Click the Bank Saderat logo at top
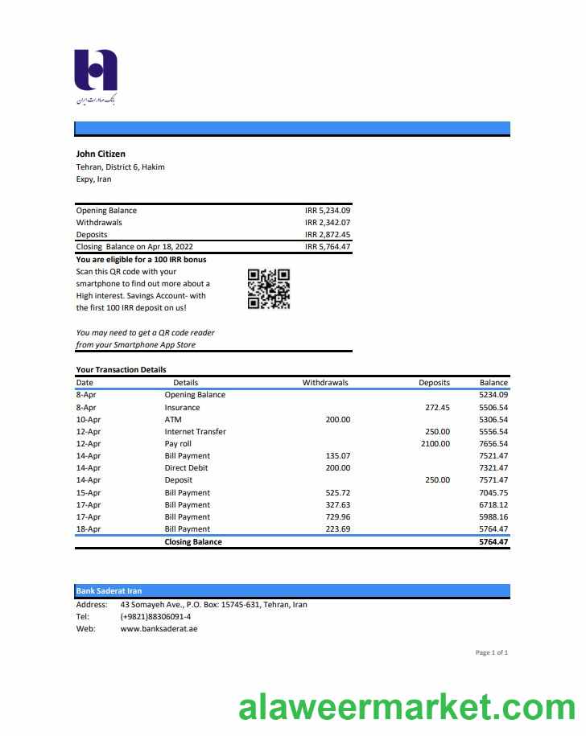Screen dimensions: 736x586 96,74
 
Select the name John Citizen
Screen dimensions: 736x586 101,154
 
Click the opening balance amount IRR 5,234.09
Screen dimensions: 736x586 328,211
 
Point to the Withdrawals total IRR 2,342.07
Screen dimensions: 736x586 328,223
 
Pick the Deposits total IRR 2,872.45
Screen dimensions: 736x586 328,235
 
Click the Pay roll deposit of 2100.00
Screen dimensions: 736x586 435,444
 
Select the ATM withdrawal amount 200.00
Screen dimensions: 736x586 338,419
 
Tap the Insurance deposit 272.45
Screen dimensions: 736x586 437,407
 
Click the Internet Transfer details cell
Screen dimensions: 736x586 195,432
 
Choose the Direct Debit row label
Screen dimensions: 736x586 186,468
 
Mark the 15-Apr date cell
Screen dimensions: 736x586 88,492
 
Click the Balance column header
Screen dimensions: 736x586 493,383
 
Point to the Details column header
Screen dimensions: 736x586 185,383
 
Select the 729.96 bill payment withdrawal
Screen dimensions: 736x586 338,516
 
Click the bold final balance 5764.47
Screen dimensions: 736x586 493,542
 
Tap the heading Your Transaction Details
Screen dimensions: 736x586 121,370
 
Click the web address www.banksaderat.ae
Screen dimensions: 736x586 159,629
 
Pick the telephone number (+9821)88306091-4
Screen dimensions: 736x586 155,617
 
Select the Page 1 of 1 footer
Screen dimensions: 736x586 491,652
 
